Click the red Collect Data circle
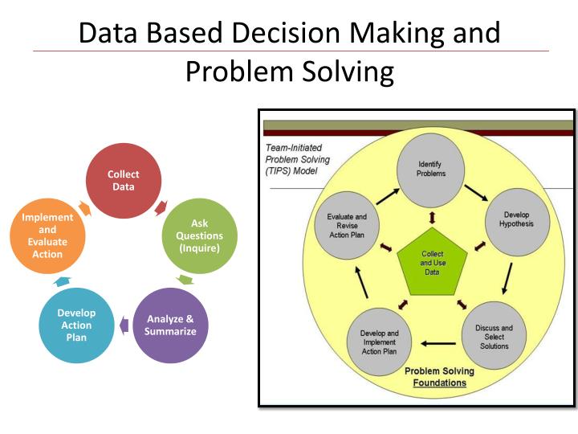tap(124, 181)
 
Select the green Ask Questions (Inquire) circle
tap(199, 235)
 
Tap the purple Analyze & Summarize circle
tap(170, 325)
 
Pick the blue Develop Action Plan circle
tap(76, 325)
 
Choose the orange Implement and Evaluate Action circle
tap(47, 235)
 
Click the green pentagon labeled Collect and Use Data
tap(432, 263)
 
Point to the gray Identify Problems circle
tap(431, 170)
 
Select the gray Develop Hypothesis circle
tap(516, 219)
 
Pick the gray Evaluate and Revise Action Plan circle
tap(347, 226)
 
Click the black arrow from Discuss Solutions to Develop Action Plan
tap(438, 344)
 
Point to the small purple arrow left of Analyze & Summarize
tap(124, 325)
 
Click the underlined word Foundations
tap(439, 383)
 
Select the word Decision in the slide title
tap(286, 33)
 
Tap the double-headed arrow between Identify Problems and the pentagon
tap(432, 218)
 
